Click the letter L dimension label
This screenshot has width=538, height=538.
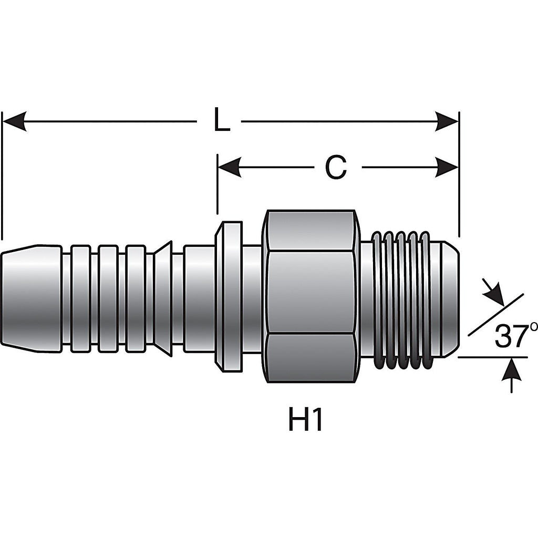coord(221,120)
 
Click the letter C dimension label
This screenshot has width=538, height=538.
coord(336,167)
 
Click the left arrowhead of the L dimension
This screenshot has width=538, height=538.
coord(14,121)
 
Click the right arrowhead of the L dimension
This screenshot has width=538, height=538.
coord(447,121)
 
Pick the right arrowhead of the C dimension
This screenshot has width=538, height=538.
coord(447,168)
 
